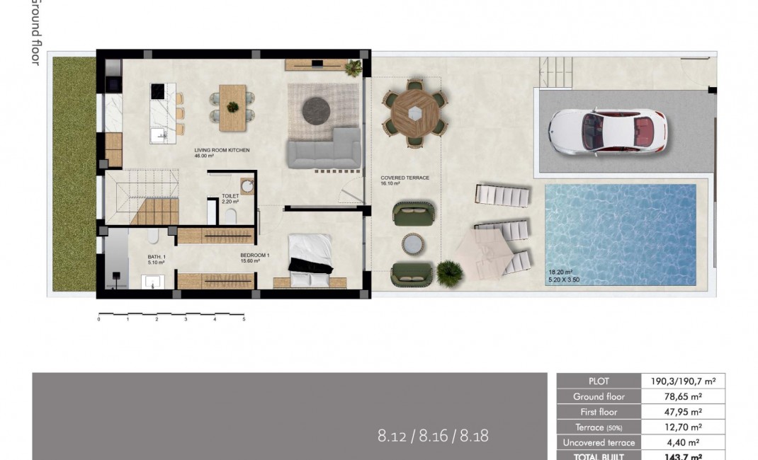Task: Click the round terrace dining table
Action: click(x=415, y=110)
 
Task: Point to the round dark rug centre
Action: click(x=317, y=110)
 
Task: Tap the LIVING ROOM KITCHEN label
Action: click(x=222, y=150)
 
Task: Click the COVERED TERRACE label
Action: click(x=405, y=178)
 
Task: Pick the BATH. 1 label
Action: click(x=156, y=257)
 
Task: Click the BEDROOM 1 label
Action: click(x=254, y=255)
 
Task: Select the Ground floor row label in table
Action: click(x=599, y=396)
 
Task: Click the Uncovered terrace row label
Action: click(x=599, y=442)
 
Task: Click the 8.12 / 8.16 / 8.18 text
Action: click(x=433, y=436)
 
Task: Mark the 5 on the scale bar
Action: click(x=244, y=320)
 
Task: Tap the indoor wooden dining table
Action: click(x=232, y=108)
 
